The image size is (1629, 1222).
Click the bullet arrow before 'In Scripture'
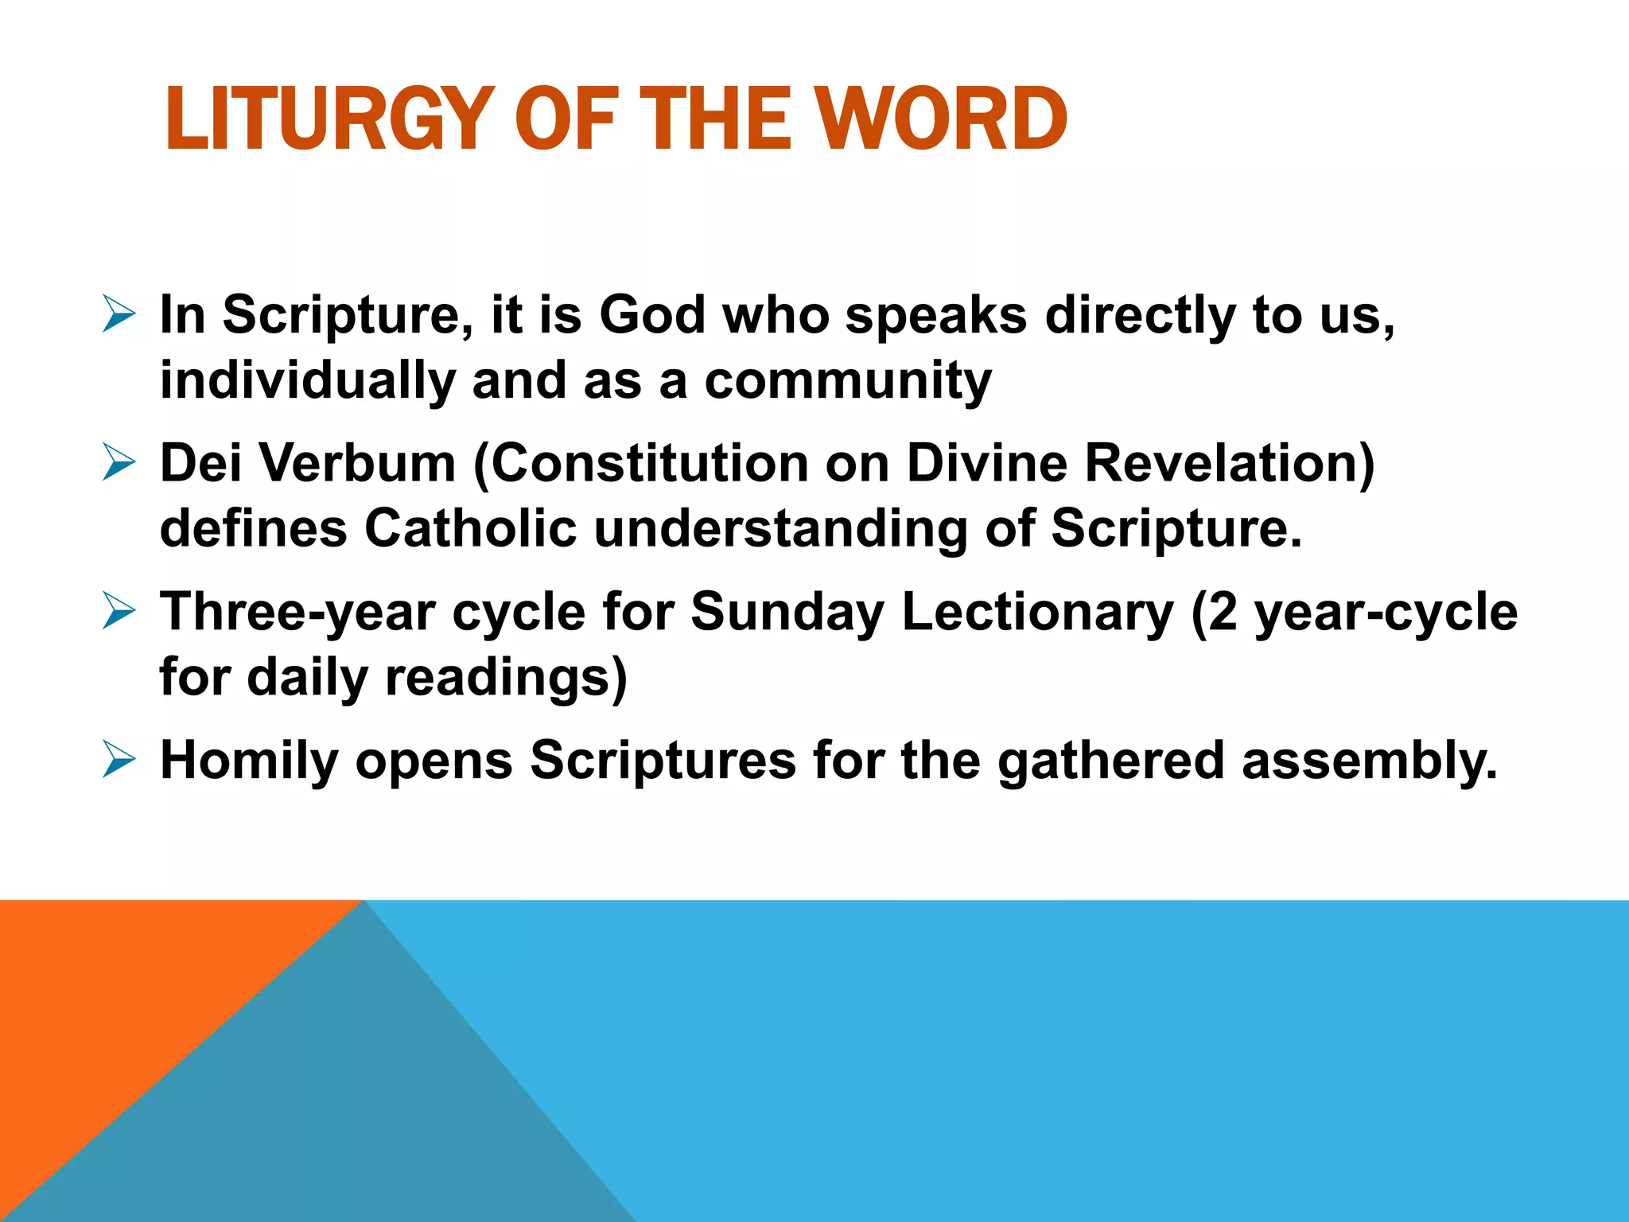pos(119,314)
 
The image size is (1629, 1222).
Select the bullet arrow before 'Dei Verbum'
pos(119,463)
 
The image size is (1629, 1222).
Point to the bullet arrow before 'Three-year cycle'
pos(119,612)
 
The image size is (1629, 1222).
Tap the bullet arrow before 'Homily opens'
pos(119,760)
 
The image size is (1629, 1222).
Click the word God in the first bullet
pos(652,314)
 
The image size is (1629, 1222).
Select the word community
pos(848,380)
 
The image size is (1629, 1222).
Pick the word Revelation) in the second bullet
pos(1230,463)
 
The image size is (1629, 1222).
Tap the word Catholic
pos(470,528)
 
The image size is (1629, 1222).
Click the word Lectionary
pos(1038,612)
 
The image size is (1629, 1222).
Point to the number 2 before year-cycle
pos(1223,612)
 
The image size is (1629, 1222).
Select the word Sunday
pos(787,612)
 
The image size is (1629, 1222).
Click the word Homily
pos(249,760)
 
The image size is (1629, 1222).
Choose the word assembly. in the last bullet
pos(1369,760)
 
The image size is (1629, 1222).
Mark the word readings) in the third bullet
pos(507,678)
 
